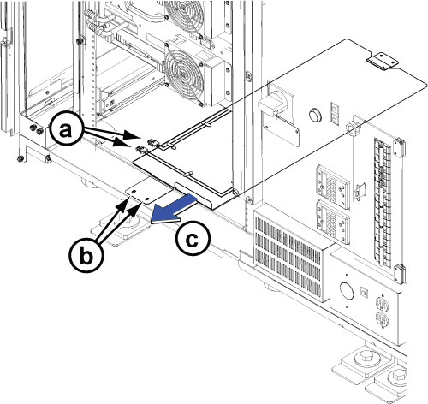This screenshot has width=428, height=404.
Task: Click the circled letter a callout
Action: click(66, 131)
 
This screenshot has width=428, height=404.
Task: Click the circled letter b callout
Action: click(86, 256)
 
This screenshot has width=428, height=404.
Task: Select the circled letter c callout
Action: click(193, 239)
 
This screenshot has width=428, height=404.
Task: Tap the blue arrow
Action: click(174, 209)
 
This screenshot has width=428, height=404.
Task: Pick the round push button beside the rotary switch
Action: click(315, 115)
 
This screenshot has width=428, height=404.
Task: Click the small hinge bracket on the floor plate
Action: click(382, 61)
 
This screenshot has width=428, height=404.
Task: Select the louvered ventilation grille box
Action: click(291, 252)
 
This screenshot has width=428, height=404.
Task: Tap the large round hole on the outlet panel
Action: click(347, 292)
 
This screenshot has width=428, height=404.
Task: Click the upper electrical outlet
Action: click(382, 303)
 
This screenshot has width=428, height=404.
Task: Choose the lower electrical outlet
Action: click(382, 318)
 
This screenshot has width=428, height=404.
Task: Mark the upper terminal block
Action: click(333, 187)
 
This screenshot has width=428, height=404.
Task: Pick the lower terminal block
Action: click(333, 222)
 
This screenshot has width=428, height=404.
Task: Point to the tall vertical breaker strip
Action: click(383, 202)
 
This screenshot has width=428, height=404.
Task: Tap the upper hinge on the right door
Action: click(399, 147)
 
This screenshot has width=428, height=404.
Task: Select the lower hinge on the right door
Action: click(399, 274)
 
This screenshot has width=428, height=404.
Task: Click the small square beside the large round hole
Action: click(365, 292)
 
